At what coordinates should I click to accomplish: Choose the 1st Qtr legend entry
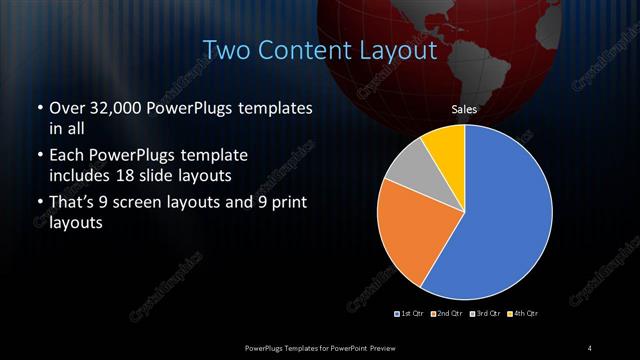click(x=410, y=314)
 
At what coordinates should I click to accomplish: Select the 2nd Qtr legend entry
click(x=446, y=314)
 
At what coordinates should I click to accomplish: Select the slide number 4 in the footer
click(x=590, y=347)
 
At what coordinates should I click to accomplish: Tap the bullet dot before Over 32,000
click(x=39, y=108)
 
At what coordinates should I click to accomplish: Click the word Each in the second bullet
click(x=67, y=156)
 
